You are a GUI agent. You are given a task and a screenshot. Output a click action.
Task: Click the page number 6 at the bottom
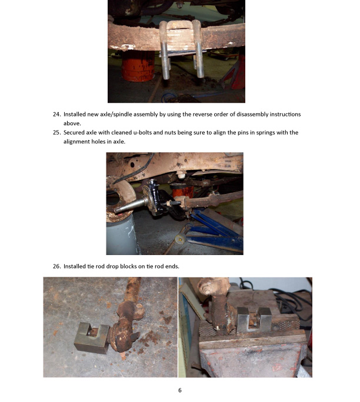tap(180, 390)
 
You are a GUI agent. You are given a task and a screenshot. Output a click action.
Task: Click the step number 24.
tap(56, 115)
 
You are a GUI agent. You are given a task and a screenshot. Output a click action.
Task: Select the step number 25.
tap(56, 133)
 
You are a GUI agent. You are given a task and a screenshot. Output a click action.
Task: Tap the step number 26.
tap(56, 266)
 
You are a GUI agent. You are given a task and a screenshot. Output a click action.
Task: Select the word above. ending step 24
tap(72, 123)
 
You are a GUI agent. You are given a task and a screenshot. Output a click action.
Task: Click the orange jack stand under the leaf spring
tap(138, 66)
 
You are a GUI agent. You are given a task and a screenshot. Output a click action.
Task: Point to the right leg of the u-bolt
tap(198, 49)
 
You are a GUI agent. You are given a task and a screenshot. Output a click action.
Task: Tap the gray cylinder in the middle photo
tap(123, 234)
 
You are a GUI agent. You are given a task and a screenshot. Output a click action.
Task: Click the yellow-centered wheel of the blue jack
tap(181, 240)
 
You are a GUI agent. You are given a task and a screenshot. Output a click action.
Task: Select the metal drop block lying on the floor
tap(92, 337)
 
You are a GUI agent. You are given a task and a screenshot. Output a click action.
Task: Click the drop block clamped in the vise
tap(254, 320)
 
